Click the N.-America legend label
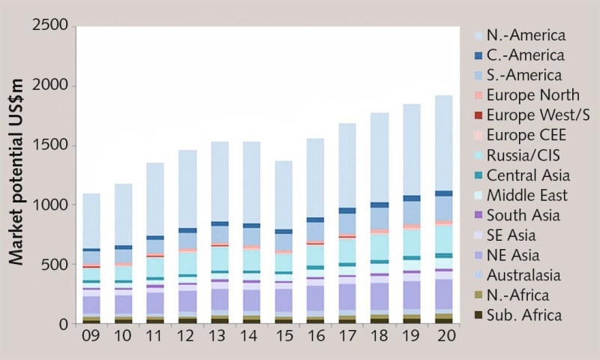pos(526,35)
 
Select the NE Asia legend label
pos(513,256)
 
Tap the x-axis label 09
pos(91,334)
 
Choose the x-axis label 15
pos(283,334)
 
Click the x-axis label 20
pos(443,334)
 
